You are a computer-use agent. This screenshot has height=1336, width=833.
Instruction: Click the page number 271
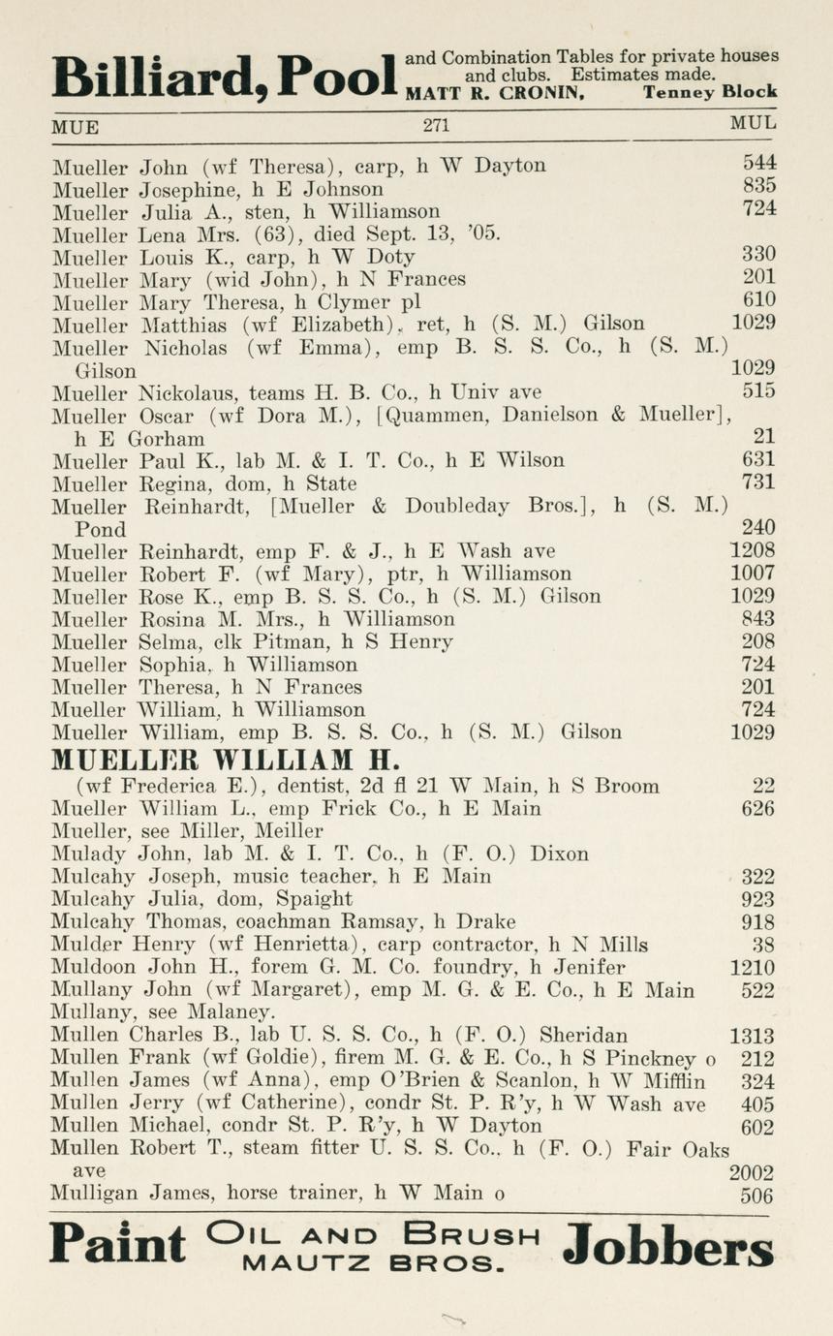pos(436,125)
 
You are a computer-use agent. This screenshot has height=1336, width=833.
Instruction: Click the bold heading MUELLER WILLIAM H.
pos(226,759)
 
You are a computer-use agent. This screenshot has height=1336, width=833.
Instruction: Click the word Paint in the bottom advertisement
pos(116,1244)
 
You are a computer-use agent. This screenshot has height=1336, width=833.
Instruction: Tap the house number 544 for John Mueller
pos(758,164)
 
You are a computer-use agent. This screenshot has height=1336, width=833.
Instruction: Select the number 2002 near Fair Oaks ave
pos(752,1173)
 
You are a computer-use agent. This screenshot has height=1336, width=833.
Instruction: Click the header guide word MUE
pos(76,126)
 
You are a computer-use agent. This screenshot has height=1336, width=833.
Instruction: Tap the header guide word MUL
pos(753,125)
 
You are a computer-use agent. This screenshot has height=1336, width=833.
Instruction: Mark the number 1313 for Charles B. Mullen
pos(752,1036)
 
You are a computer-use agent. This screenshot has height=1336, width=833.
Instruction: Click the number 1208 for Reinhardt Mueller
pos(752,551)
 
